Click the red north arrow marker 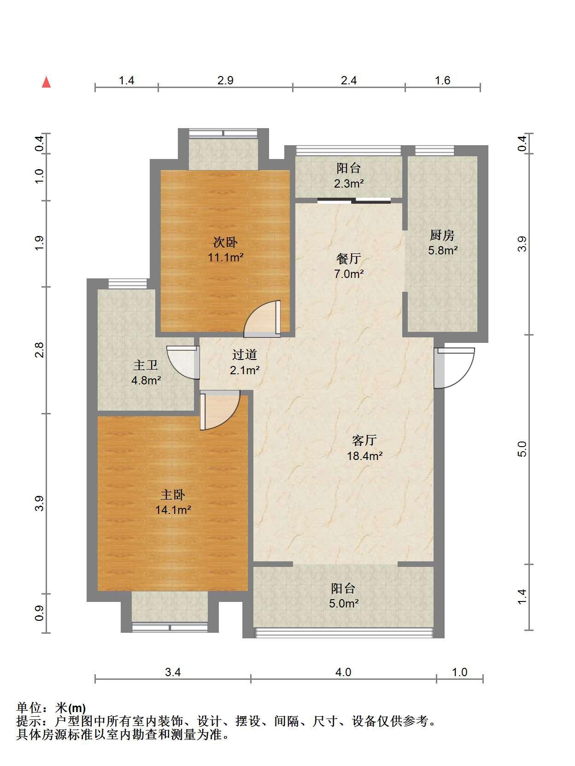click(47, 82)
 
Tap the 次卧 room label click(225, 242)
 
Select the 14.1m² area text click(173, 510)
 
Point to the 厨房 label click(442, 235)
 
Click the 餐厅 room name click(348, 259)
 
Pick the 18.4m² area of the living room click(365, 456)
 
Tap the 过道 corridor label click(245, 354)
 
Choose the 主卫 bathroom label click(146, 365)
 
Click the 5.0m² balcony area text click(344, 603)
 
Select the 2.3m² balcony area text click(349, 183)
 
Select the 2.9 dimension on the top click(226, 81)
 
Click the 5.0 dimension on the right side click(522, 448)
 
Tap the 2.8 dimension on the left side click(40, 350)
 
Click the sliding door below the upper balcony click(354, 200)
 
